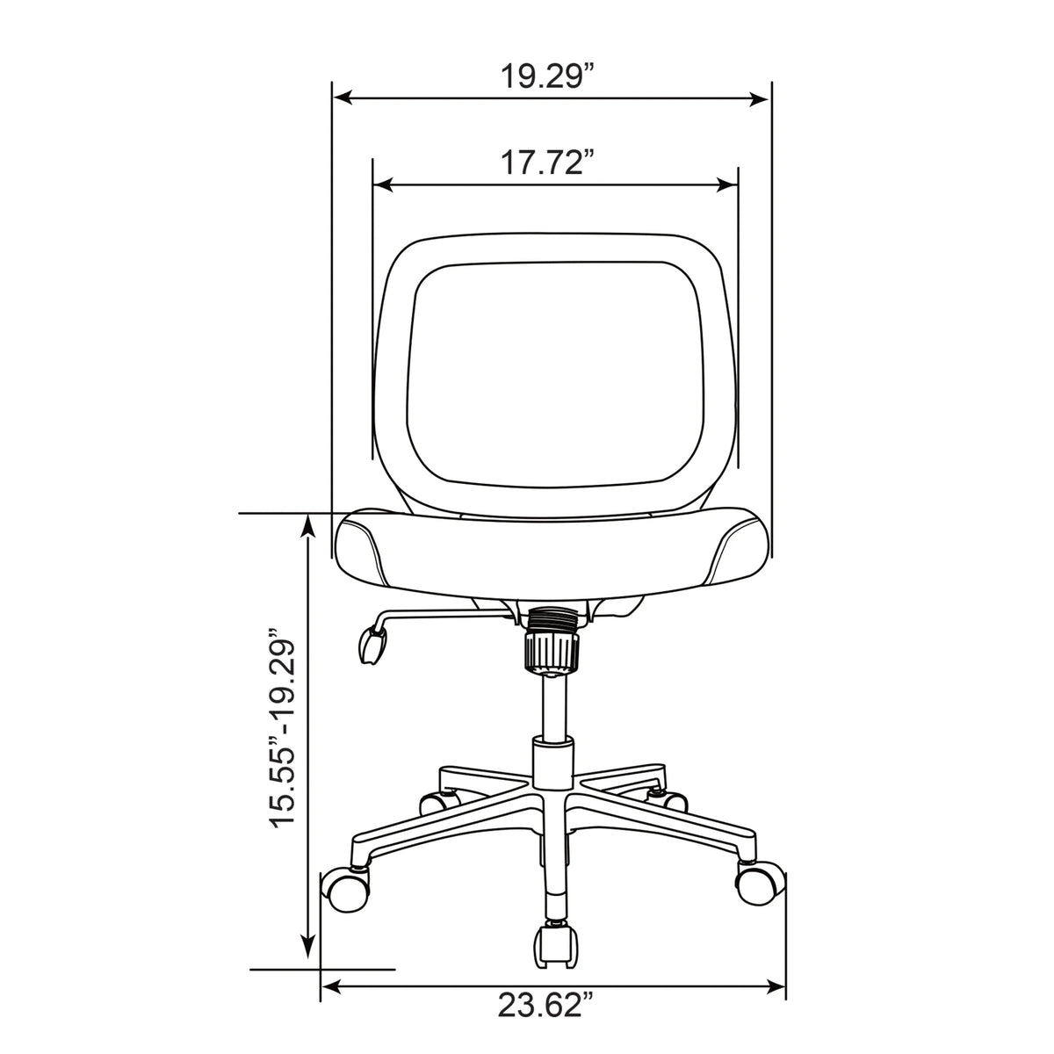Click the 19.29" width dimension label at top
tap(547, 76)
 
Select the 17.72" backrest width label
tap(547, 162)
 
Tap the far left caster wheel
tap(344, 891)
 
